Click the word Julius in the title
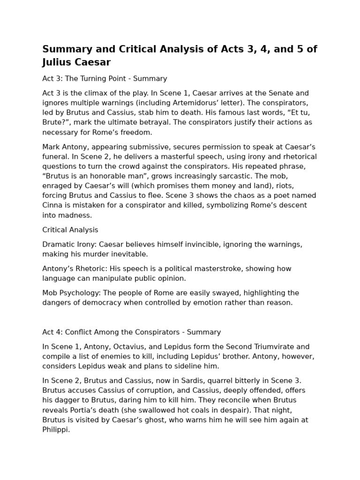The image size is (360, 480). pos(58,62)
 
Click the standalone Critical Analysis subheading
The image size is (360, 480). pos(70,230)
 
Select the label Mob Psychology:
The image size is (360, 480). pos(70,293)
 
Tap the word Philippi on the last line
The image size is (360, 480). pos(56,429)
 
